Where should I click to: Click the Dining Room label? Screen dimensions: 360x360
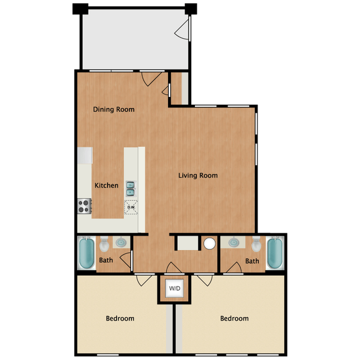(x=114, y=109)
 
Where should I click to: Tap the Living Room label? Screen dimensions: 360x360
(x=198, y=176)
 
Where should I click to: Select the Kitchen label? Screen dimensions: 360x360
(x=106, y=186)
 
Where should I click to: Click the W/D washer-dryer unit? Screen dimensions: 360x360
(x=174, y=289)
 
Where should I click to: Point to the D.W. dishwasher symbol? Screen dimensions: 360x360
(x=131, y=207)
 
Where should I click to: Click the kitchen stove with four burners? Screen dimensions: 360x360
(x=85, y=206)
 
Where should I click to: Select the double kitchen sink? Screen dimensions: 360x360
(x=130, y=189)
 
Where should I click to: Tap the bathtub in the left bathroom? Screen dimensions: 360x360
(x=86, y=253)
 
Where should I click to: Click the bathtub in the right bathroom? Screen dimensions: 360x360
(x=275, y=253)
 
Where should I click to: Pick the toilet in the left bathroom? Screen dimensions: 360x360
(x=105, y=244)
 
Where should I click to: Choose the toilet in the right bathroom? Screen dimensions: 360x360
(x=256, y=244)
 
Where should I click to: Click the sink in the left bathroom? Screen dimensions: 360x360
(x=121, y=243)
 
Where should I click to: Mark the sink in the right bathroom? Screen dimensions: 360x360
(x=234, y=243)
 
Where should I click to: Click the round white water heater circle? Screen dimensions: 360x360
(x=209, y=244)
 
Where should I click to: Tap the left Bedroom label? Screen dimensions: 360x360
(x=120, y=318)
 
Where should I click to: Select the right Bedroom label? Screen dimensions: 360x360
(x=234, y=318)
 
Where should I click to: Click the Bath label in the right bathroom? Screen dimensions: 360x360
(x=252, y=261)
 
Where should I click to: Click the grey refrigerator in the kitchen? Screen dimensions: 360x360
(x=85, y=156)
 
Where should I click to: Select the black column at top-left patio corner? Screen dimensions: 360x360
(x=80, y=9)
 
